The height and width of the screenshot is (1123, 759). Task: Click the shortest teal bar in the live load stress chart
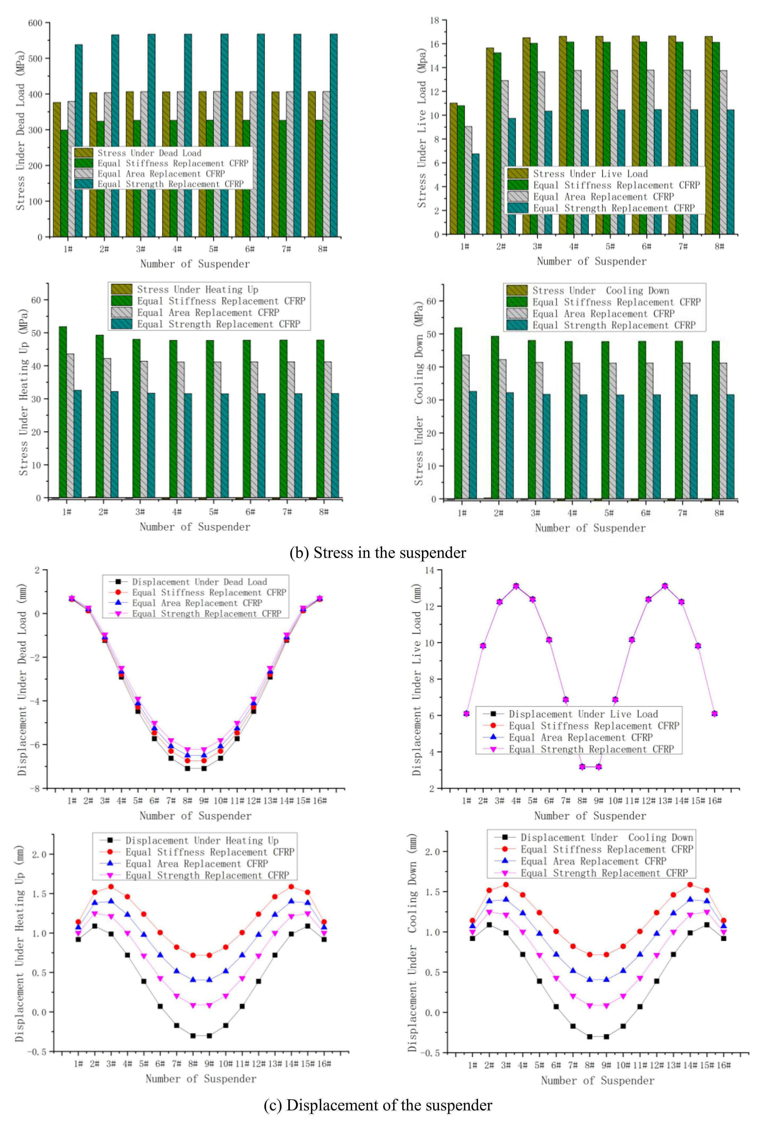[x=475, y=193]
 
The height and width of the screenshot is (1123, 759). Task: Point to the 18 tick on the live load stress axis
[x=434, y=20]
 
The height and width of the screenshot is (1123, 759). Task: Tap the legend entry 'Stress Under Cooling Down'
[x=601, y=290]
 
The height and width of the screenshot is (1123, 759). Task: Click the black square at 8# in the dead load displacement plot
[x=187, y=768]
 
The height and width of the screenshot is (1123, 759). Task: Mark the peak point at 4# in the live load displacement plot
[x=516, y=586]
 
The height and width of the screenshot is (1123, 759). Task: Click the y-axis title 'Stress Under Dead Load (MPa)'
[x=20, y=130]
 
